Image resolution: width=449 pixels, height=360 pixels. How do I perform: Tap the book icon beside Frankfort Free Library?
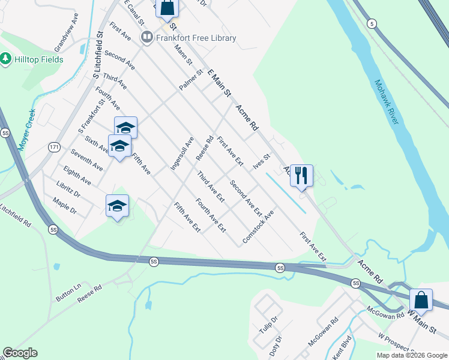tap(146, 38)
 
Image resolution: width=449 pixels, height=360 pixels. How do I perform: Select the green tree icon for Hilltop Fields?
tap(6, 58)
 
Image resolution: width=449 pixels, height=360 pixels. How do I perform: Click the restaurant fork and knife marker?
tap(301, 176)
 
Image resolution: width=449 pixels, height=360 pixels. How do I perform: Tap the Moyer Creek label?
tap(26, 129)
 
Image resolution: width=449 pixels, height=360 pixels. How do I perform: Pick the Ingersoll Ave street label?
tap(182, 153)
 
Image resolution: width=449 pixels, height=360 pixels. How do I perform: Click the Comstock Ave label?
tap(259, 227)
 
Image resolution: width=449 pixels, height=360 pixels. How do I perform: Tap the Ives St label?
tap(262, 161)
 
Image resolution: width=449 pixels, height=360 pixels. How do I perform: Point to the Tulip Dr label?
tap(269, 327)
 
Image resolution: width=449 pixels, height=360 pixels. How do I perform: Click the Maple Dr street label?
tap(65, 206)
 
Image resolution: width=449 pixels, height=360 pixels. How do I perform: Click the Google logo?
tap(20, 353)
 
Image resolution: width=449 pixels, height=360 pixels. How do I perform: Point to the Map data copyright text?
tap(411, 355)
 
